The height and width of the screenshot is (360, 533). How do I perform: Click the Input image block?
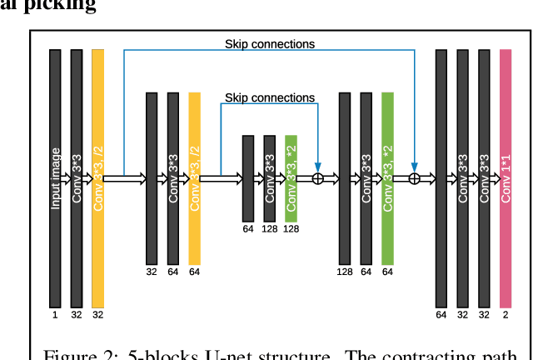(x=56, y=178)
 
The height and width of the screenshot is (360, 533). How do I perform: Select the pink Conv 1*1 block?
(x=506, y=178)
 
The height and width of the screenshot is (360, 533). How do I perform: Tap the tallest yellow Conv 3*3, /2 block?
(x=97, y=178)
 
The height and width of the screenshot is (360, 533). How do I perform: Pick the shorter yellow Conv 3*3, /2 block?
(x=195, y=178)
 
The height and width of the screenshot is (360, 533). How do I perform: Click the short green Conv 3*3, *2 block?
(x=291, y=178)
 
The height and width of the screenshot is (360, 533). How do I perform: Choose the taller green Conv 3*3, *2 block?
(x=387, y=178)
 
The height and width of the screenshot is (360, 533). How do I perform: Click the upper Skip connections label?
(x=270, y=43)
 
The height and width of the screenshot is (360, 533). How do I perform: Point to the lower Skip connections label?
(x=270, y=97)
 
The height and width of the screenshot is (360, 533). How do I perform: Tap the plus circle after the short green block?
(x=317, y=178)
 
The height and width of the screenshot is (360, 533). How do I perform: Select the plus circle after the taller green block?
(x=414, y=178)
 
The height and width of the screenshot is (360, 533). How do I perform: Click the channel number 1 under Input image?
(x=56, y=315)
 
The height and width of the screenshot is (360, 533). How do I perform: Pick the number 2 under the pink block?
(x=506, y=315)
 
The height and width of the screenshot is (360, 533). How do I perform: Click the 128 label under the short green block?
(x=291, y=228)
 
